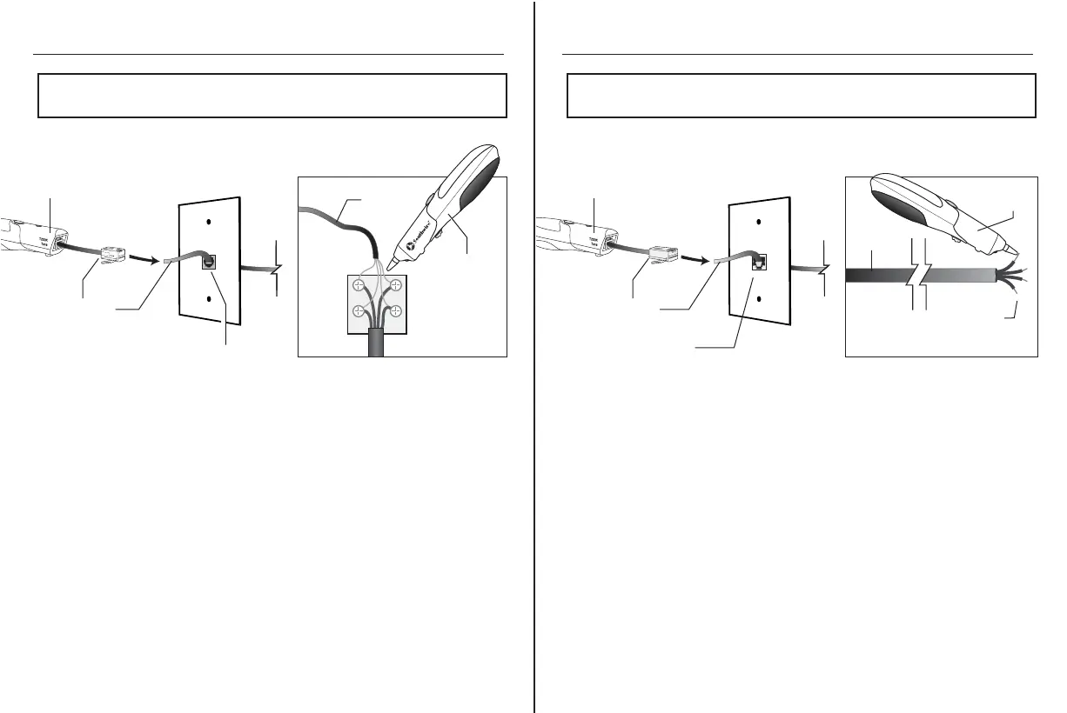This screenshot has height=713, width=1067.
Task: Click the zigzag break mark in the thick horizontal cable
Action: click(918, 275)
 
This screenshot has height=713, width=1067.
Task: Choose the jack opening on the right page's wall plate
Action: click(757, 261)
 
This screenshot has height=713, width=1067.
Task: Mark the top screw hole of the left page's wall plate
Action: click(210, 223)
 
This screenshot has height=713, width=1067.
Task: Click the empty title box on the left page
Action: click(272, 95)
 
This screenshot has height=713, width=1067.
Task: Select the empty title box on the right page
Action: click(801, 95)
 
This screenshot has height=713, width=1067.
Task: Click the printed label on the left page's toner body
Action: click(44, 240)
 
